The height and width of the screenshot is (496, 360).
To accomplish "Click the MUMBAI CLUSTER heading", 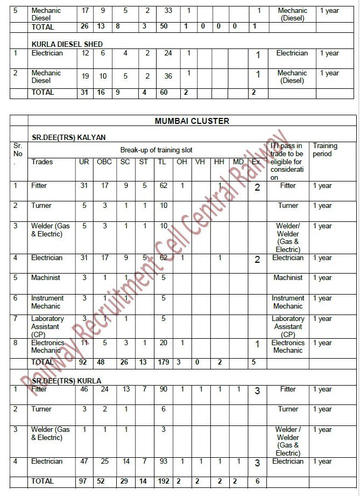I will (x=192, y=121).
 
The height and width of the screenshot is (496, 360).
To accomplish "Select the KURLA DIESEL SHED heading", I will (x=67, y=44).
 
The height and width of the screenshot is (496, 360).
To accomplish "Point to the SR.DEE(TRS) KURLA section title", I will (x=66, y=381).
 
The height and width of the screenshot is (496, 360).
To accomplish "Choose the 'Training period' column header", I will (x=325, y=150).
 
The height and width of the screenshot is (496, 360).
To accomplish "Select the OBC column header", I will (x=104, y=162).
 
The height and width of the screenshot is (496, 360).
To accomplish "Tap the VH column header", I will (x=200, y=162).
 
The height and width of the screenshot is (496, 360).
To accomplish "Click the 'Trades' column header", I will (x=43, y=162).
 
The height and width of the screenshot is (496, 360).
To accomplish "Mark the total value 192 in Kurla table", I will (x=164, y=481).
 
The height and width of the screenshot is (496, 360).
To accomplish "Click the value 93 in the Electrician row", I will (x=164, y=462).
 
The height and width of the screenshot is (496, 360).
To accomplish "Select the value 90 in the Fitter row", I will (x=164, y=389).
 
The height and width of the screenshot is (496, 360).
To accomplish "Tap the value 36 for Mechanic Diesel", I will (x=168, y=76).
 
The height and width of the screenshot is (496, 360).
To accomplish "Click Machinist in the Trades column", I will (x=46, y=278).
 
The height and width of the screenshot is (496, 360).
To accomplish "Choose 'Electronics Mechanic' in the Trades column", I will (x=47, y=346).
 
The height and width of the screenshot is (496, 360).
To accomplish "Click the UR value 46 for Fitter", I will (x=84, y=389).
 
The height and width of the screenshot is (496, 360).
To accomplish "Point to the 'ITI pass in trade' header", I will (x=287, y=162).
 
